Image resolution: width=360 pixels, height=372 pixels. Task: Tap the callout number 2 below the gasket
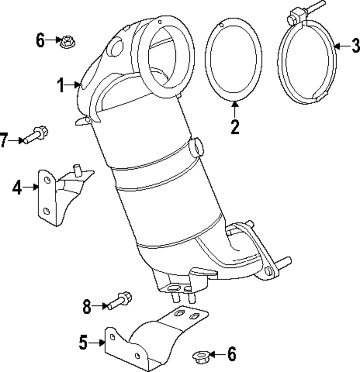pyautogui.click(x=235, y=127)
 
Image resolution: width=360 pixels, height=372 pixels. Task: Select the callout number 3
pyautogui.click(x=355, y=46)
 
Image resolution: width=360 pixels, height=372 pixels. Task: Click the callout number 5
pyautogui.click(x=84, y=342)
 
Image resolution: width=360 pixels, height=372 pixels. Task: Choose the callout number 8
pyautogui.click(x=87, y=307)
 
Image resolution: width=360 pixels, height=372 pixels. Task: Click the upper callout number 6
pyautogui.click(x=40, y=40)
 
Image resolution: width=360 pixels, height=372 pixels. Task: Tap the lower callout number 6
pyautogui.click(x=231, y=354)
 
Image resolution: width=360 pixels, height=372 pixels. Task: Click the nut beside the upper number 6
pyautogui.click(x=66, y=41)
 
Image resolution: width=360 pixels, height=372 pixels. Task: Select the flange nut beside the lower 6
pyautogui.click(x=199, y=356)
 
